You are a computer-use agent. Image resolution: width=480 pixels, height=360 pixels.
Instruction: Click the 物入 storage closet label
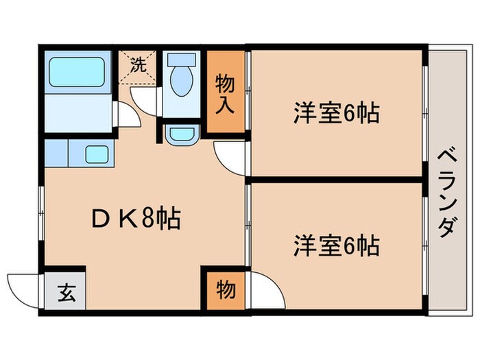[226, 93]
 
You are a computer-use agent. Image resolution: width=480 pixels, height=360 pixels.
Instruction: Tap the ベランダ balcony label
[446, 192]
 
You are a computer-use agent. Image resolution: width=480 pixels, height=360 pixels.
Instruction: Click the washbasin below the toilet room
[181, 133]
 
